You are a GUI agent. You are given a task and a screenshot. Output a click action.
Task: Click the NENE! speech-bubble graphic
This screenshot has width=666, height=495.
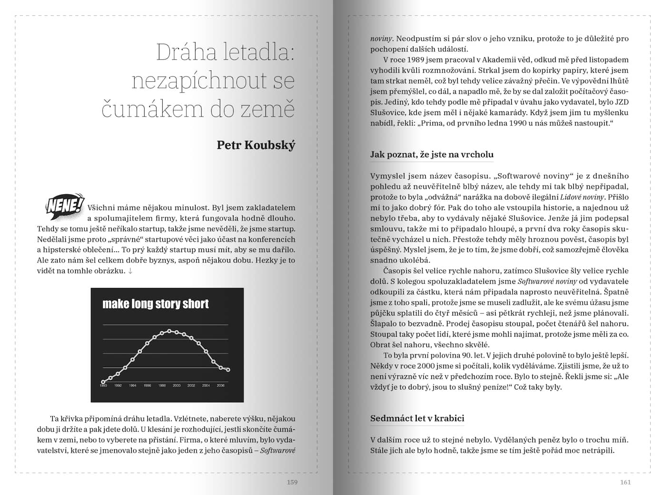click(x=65, y=206)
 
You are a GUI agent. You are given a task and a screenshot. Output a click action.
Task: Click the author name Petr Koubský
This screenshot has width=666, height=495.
click(x=256, y=145)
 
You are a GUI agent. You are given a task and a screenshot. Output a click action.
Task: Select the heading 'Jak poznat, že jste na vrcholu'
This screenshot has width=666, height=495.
click(x=432, y=155)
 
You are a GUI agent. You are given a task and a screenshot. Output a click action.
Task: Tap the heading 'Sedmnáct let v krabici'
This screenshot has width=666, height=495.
click(x=417, y=418)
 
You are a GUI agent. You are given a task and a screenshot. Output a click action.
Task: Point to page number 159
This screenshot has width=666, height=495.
click(x=292, y=482)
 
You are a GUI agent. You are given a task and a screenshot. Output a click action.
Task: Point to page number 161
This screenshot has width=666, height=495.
click(x=625, y=482)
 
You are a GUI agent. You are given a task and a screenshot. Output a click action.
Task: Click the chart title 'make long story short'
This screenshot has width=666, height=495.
click(x=156, y=304)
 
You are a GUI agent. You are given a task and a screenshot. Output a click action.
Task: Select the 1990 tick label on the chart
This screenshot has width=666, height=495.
click(x=103, y=386)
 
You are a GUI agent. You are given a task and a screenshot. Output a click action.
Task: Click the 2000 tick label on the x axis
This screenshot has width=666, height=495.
click(x=176, y=386)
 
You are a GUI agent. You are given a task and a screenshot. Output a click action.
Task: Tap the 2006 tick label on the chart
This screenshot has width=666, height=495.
click(x=221, y=386)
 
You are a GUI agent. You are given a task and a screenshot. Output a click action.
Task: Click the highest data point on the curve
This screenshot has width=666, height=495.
click(x=169, y=331)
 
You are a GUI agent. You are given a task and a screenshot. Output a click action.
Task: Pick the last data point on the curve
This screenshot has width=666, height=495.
click(x=228, y=370)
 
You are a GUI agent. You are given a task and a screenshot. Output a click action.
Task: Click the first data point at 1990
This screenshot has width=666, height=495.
click(x=103, y=381)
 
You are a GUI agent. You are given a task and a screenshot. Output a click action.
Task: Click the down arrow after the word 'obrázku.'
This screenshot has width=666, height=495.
click(x=130, y=271)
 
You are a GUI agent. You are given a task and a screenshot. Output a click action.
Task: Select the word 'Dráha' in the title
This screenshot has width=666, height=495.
click(x=183, y=52)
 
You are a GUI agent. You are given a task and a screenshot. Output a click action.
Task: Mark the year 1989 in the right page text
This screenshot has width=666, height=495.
click(x=412, y=60)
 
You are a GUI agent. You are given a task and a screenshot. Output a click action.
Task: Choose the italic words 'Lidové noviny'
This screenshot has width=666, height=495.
click(x=581, y=197)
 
